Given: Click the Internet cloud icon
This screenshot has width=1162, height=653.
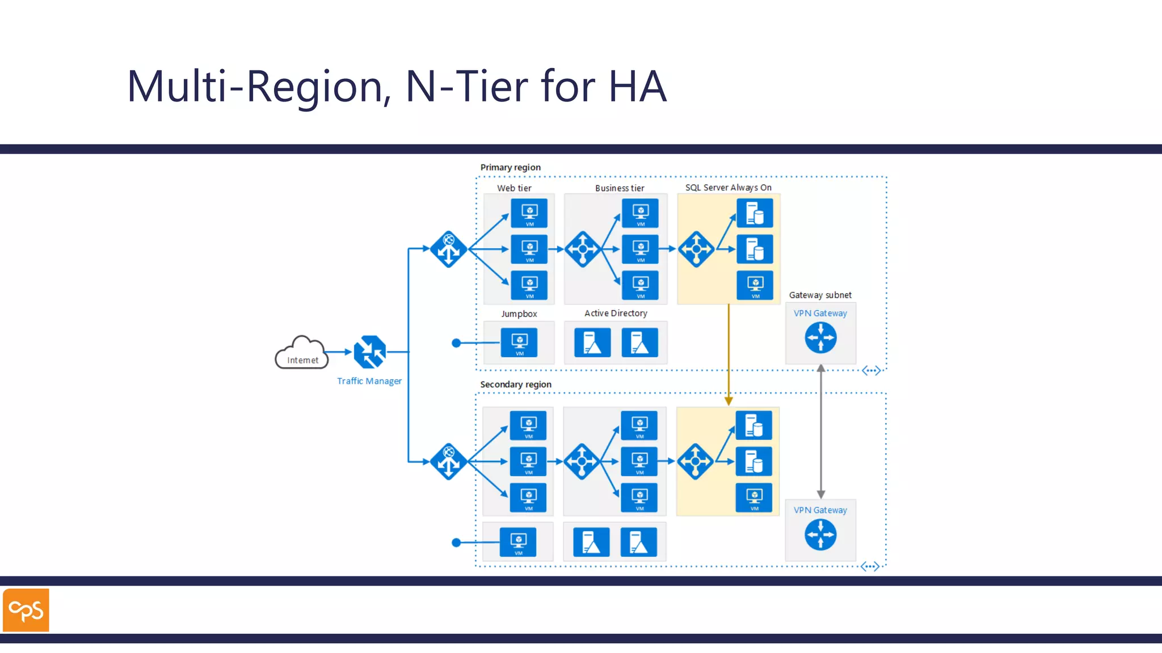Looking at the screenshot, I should click(302, 353).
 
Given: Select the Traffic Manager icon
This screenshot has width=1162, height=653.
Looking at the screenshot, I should click(369, 352).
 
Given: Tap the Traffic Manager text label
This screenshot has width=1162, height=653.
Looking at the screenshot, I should click(369, 381).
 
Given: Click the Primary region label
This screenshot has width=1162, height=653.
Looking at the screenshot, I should click(510, 167).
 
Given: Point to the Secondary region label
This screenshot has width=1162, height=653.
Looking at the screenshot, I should click(515, 384).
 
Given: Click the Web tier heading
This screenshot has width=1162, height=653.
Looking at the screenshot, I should click(514, 188).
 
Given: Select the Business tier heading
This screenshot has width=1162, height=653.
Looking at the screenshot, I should click(620, 188).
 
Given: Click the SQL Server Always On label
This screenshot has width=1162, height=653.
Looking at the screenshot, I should click(728, 188).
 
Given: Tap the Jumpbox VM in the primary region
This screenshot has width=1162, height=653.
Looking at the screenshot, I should click(519, 342).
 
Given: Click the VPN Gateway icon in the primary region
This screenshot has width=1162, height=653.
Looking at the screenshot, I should click(820, 338).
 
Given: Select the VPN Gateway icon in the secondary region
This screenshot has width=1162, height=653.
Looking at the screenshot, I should click(820, 535).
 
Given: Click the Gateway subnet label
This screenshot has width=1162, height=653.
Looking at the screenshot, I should click(820, 295).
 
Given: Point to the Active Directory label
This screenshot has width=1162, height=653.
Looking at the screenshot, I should click(616, 313).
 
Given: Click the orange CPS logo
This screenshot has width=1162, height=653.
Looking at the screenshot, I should click(26, 610).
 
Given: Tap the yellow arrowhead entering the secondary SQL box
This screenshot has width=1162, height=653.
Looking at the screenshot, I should click(729, 401).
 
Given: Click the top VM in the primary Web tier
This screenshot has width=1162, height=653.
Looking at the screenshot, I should click(529, 213).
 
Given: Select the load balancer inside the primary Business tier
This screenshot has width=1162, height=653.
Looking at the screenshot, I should click(583, 249).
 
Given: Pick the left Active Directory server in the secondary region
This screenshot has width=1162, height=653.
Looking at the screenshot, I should click(591, 542).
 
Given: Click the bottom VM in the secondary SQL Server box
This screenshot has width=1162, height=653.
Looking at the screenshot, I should click(754, 498).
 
